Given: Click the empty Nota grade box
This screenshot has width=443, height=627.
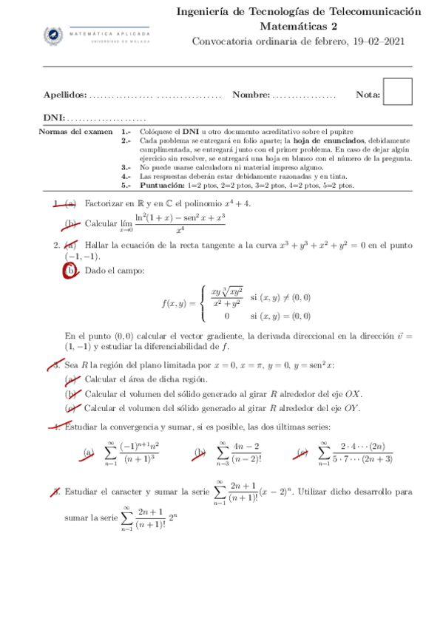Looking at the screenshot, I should click(x=399, y=94).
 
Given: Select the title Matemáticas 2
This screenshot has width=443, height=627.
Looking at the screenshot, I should click(x=299, y=27).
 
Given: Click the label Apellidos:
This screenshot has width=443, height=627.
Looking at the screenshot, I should click(x=65, y=95).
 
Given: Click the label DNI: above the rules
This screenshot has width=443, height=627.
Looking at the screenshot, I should click(x=54, y=118).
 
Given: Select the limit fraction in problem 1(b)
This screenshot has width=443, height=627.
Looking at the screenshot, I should click(x=180, y=223).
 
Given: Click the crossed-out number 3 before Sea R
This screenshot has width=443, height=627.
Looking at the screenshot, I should click(x=54, y=365).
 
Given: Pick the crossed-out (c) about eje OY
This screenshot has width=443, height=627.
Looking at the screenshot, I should click(x=71, y=407).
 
